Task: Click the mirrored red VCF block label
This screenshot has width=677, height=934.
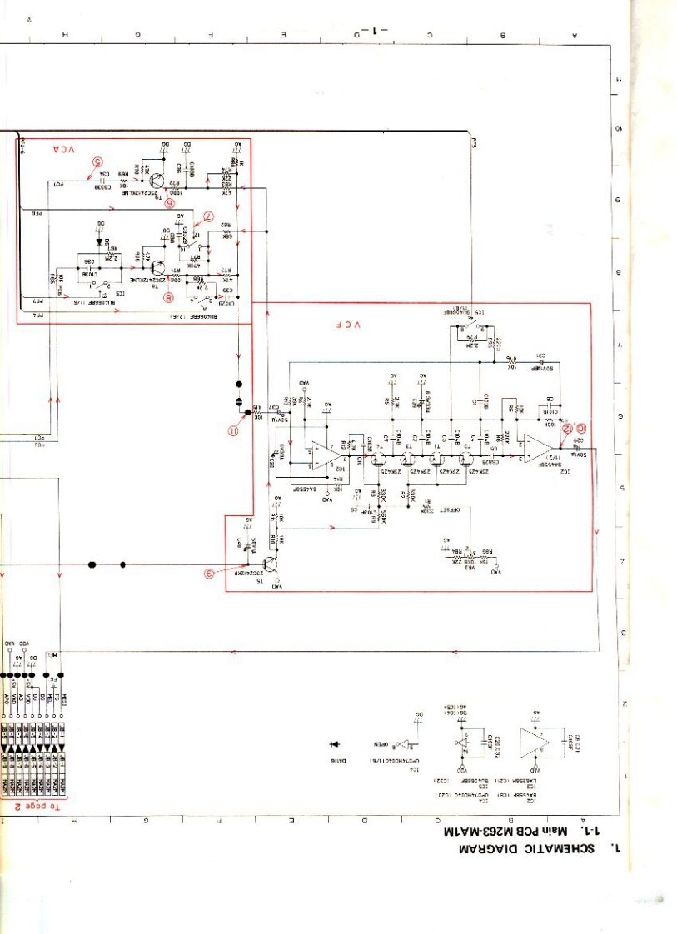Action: coord(348,324)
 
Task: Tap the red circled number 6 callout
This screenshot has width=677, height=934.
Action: coord(170,201)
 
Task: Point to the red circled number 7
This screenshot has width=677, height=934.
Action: coord(209,219)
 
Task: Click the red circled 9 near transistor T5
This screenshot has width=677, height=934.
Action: coord(211,573)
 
